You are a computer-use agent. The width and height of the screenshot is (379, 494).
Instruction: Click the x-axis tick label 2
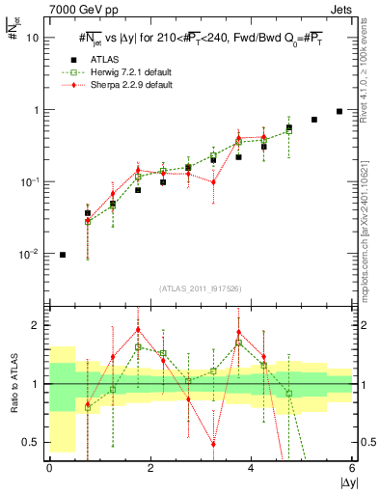(150, 468)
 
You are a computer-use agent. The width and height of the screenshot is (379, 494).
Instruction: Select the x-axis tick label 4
(252, 468)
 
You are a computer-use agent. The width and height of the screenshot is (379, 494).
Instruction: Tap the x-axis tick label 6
(353, 468)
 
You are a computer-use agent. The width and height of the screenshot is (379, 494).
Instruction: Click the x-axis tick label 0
(49, 468)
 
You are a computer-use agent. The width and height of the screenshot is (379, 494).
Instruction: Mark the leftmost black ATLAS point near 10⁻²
(63, 255)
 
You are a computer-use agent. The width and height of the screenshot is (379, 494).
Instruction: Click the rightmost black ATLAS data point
(339, 111)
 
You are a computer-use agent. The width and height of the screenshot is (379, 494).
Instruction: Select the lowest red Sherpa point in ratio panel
(213, 444)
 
